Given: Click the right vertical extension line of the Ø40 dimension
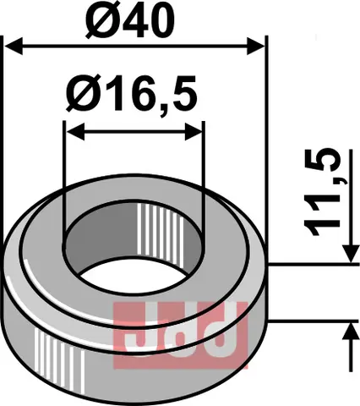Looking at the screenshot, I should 265,127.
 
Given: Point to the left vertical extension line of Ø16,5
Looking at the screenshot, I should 66,169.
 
